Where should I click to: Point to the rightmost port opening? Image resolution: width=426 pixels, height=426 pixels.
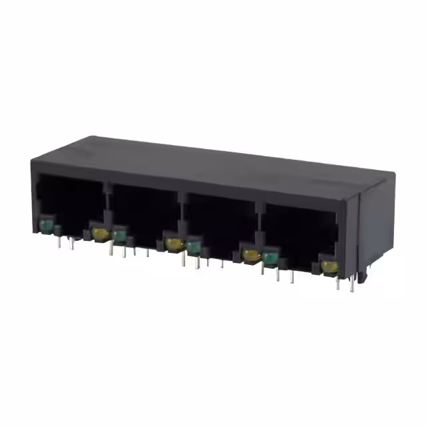pos(300,233)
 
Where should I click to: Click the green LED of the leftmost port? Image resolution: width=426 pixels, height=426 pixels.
pos(47,228)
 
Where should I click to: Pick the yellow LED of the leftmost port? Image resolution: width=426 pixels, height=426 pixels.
pos(101,233)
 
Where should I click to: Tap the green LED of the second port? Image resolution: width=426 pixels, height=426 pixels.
pos(120,235)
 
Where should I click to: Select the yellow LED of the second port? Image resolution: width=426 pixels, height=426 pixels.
pos(174,243)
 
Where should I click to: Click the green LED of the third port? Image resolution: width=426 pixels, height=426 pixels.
pos(194,247)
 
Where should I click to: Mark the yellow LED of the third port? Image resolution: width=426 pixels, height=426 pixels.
pos(250,254)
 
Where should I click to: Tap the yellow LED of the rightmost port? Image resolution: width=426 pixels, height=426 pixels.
pos(328,266)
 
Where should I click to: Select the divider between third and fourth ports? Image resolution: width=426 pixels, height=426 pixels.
pos(259,223)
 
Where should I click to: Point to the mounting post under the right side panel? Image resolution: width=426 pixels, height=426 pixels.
pos(364,275)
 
